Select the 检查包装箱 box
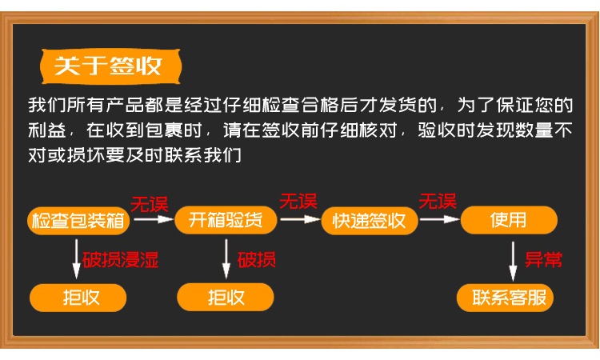coord(78,220)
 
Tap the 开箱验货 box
coord(226,220)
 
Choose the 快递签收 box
coord(370,220)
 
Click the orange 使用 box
coord(509,220)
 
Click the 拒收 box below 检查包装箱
coord(78,298)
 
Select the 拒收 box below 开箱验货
coord(226,298)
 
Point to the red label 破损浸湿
coord(121,259)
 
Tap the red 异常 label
coord(543,259)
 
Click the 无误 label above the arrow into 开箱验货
coord(150,203)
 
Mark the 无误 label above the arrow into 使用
coord(438,200)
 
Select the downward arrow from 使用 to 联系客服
coord(514,258)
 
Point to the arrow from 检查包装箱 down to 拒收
coord(78,258)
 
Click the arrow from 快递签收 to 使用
coord(439,218)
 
